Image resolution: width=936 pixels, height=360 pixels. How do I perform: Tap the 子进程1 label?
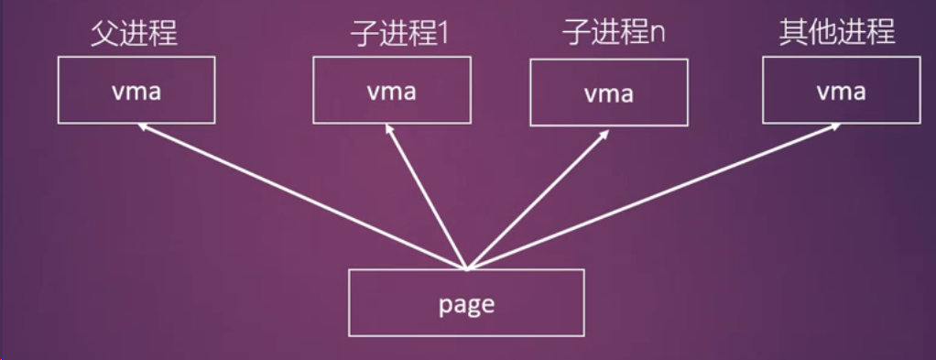click(x=398, y=34)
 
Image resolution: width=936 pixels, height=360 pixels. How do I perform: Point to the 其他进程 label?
click(x=835, y=34)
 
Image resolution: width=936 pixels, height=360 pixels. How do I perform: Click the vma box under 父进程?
click(x=136, y=90)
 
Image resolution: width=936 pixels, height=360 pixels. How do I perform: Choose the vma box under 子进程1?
click(x=392, y=90)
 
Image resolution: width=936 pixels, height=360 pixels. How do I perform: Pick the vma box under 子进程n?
click(x=609, y=93)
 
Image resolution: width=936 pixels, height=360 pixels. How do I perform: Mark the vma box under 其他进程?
click(x=841, y=90)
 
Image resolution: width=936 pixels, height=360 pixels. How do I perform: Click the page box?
click(x=466, y=302)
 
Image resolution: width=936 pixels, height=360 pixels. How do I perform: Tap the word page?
click(x=466, y=304)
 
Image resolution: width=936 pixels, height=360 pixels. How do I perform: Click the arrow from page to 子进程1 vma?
click(x=427, y=197)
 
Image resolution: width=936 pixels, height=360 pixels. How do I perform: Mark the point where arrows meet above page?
click(x=466, y=267)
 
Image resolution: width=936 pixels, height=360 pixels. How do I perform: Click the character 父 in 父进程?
click(x=104, y=34)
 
